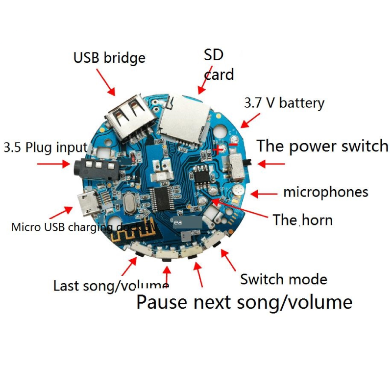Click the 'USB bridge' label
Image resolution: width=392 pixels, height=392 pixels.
[x=109, y=58]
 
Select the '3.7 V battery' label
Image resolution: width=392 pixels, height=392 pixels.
[x=284, y=103]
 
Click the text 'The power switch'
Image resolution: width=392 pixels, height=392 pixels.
[x=322, y=146]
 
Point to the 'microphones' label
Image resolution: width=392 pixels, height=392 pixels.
[x=325, y=192]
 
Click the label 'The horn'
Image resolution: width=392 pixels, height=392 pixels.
[x=302, y=220]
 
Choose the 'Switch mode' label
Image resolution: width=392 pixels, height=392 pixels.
[x=283, y=279]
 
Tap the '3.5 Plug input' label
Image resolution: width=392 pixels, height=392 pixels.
[x=46, y=147]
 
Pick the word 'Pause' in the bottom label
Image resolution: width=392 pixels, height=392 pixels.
[x=162, y=301]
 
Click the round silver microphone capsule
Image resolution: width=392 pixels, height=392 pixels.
[x=236, y=191]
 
